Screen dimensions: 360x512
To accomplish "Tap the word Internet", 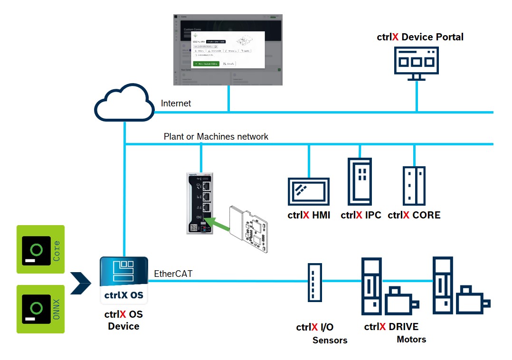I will click(x=176, y=103).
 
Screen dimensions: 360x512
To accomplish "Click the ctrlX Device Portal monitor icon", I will click(x=417, y=62).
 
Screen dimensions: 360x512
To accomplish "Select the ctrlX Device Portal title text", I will click(x=420, y=37).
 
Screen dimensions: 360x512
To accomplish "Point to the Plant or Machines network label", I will click(x=216, y=137).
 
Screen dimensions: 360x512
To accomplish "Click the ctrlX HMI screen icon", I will click(x=309, y=192).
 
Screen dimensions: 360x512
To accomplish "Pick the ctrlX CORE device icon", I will click(x=414, y=186).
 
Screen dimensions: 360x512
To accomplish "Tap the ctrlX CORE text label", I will click(x=414, y=215).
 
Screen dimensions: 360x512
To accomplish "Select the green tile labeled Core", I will click(x=40, y=249).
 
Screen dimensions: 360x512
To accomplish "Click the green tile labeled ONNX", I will click(x=40, y=309).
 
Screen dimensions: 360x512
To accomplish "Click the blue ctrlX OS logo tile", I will click(x=124, y=281).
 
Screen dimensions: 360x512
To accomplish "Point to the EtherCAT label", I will click(x=173, y=274).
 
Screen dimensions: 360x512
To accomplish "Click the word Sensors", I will click(x=330, y=340).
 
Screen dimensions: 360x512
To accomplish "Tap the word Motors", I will click(x=411, y=339).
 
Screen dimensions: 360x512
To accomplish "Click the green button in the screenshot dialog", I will click(x=207, y=64).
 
